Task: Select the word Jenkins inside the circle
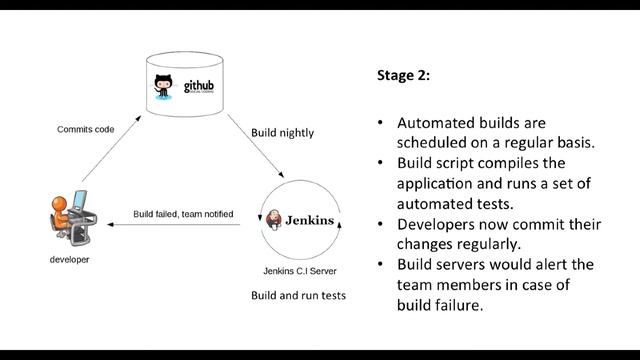(310, 219)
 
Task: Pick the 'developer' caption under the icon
(69, 259)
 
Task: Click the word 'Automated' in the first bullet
(436, 123)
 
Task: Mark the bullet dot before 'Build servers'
(380, 265)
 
